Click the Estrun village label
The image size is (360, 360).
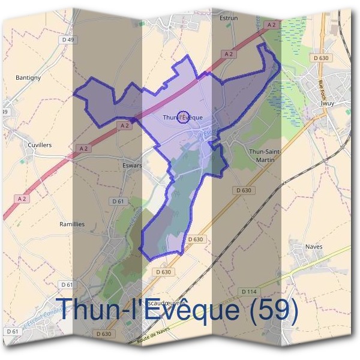tap(229, 18)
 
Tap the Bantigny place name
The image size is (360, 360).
tap(28, 78)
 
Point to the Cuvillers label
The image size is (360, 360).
tap(40, 145)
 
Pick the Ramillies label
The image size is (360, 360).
tap(72, 224)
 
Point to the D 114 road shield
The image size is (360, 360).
tap(248, 292)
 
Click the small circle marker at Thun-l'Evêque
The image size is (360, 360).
tap(184, 116)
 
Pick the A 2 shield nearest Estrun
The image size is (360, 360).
tap(272, 25)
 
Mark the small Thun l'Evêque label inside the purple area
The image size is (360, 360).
tap(183, 118)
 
